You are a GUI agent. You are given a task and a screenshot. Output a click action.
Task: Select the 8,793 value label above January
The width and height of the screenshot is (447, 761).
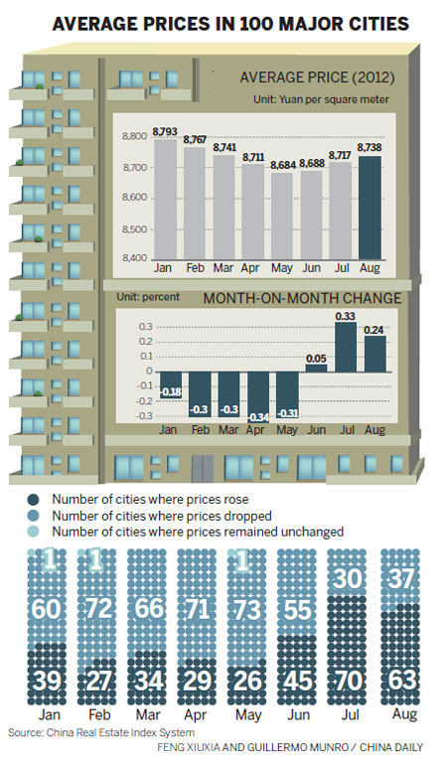coord(165,132)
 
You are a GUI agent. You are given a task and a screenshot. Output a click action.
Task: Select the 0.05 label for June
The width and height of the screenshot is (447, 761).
coord(316,356)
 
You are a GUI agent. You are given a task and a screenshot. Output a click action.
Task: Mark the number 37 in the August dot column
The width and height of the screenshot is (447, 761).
coord(400,578)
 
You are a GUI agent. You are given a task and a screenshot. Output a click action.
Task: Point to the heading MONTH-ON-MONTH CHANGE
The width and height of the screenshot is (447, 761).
coord(288,296)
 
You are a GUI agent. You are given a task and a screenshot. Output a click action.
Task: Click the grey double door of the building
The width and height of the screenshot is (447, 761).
coord(204,468)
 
